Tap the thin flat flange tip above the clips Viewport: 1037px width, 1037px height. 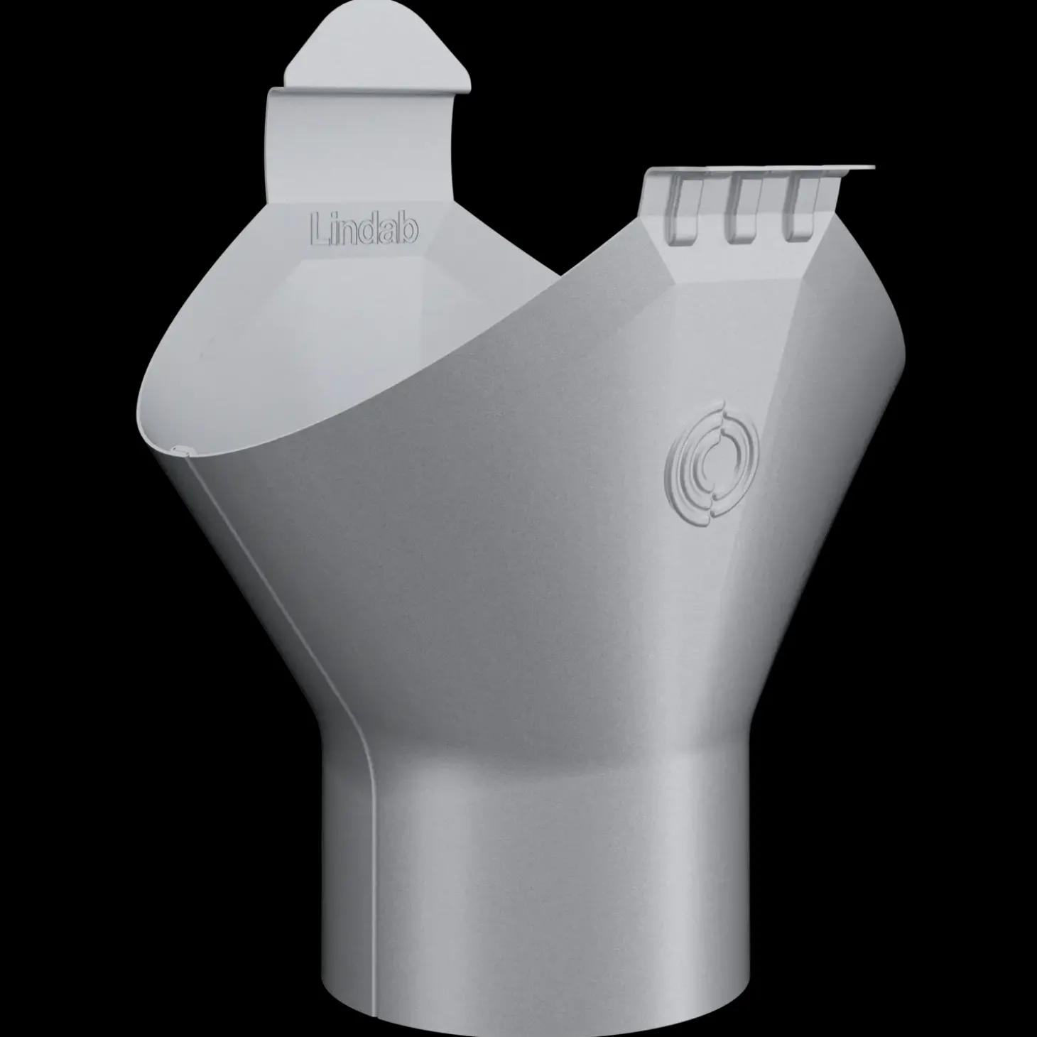click(x=856, y=168)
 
